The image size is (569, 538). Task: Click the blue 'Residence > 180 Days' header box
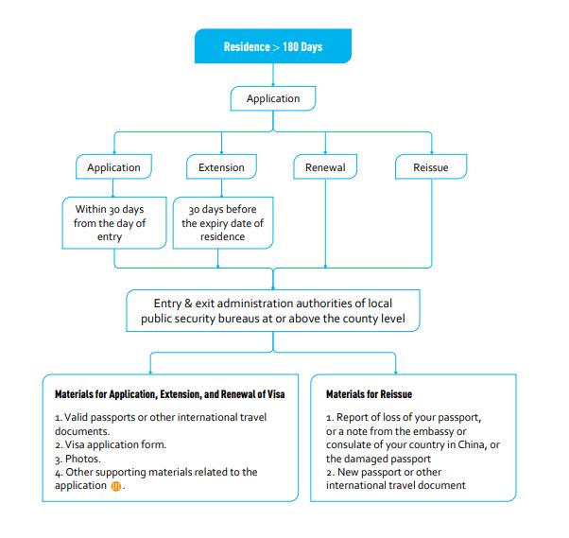(x=272, y=46)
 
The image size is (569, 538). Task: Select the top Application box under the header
(x=272, y=98)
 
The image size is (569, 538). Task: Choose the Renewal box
(x=325, y=167)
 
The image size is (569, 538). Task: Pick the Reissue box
(x=431, y=167)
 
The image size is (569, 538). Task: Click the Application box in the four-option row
(x=113, y=167)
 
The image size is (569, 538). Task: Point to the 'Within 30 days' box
(x=110, y=223)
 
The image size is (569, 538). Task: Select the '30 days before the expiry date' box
(x=222, y=223)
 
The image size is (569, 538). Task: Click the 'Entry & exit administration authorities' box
(x=272, y=310)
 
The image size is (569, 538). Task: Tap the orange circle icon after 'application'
(x=117, y=486)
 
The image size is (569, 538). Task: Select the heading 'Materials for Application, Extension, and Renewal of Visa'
(x=164, y=392)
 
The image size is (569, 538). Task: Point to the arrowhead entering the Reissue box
(x=431, y=151)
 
